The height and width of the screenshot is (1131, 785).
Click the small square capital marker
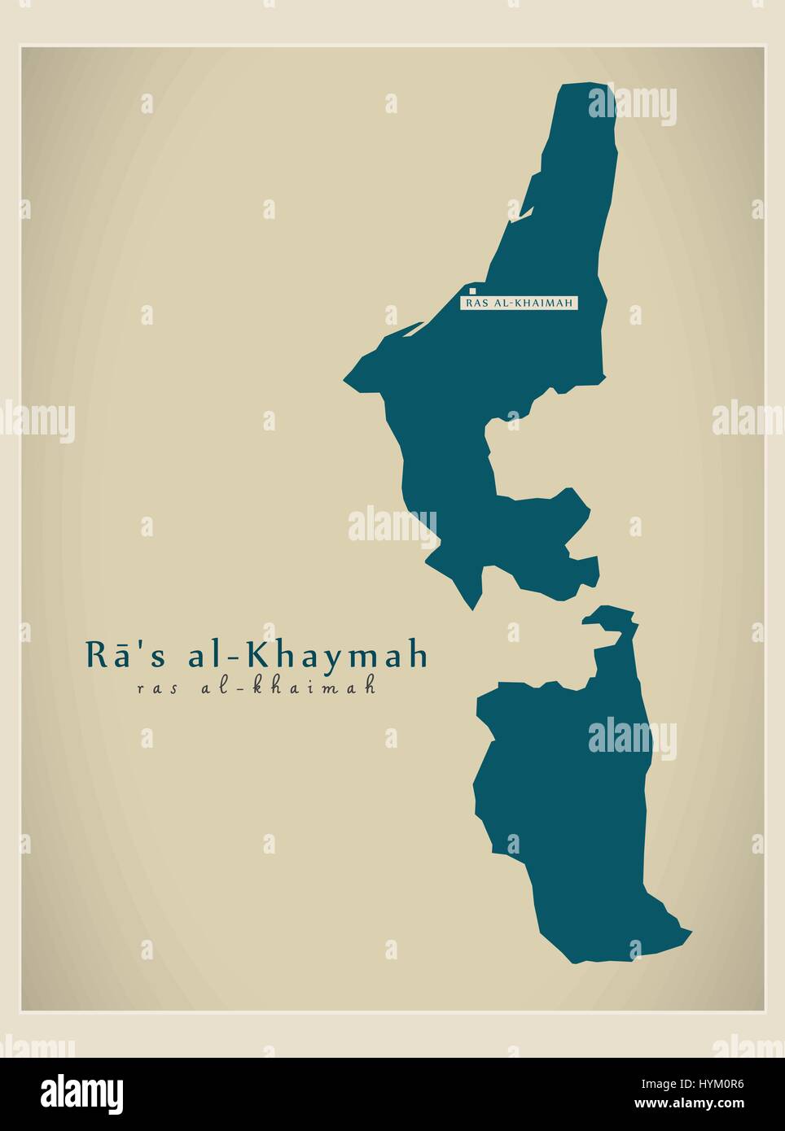pyautogui.click(x=472, y=289)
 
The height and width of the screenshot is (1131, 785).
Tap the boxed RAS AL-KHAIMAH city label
pyautogui.click(x=520, y=303)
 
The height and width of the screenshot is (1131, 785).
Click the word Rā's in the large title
pyautogui.click(x=113, y=656)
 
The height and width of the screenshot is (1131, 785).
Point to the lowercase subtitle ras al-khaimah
pyautogui.click(x=257, y=687)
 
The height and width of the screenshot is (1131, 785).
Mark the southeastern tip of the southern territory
pyautogui.click(x=690, y=931)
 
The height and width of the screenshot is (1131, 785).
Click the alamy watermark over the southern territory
pyautogui.click(x=632, y=738)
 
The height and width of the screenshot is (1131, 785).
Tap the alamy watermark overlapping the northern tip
pyautogui.click(x=632, y=103)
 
